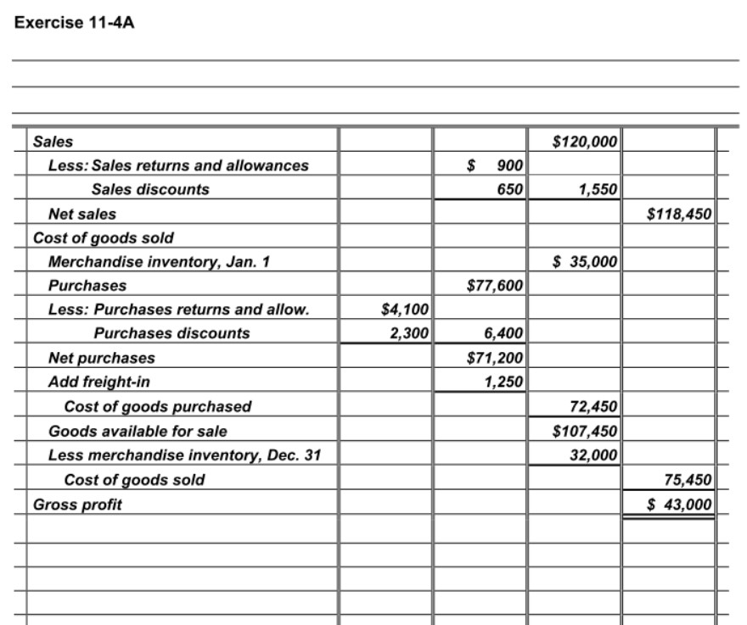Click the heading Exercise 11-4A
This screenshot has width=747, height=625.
[x=75, y=22]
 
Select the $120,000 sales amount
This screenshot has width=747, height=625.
[x=586, y=141]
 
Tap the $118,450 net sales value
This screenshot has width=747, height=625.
[x=679, y=214]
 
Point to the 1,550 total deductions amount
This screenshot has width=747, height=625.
[x=598, y=189]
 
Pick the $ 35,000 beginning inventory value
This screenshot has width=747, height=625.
[x=586, y=262]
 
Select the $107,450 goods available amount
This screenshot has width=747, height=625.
[x=586, y=431]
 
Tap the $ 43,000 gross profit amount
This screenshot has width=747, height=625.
[x=679, y=505]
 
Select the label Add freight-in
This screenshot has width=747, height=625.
[x=99, y=382]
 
